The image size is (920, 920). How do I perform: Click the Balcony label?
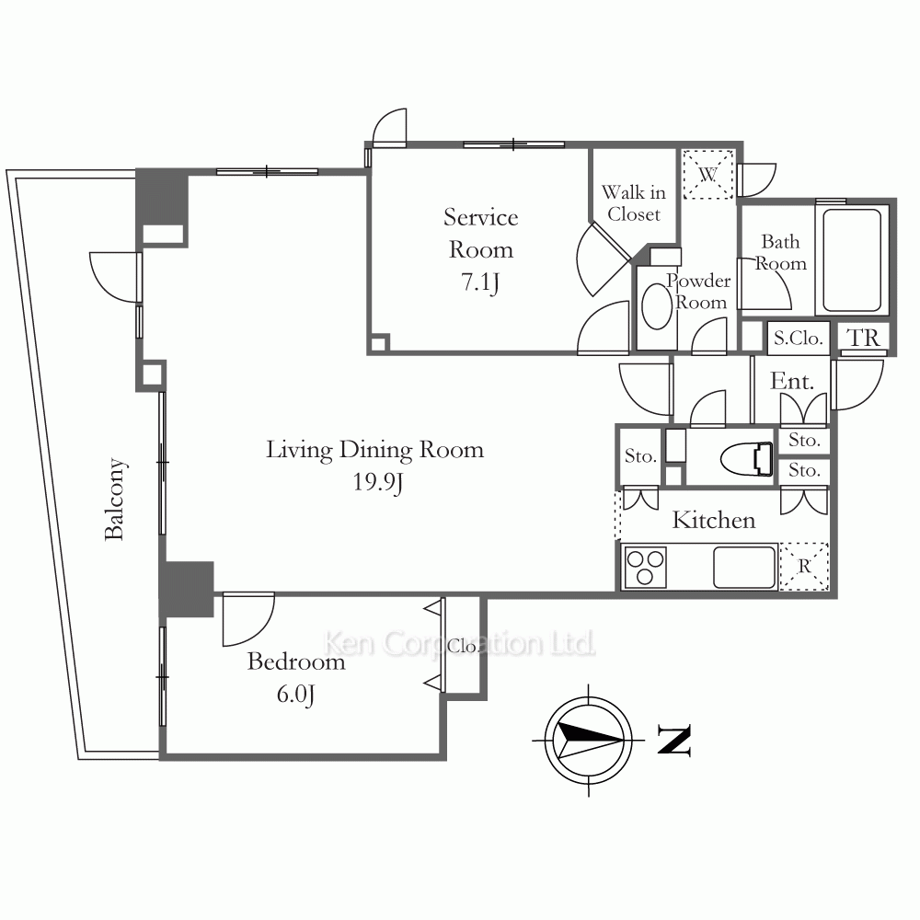(x=115, y=499)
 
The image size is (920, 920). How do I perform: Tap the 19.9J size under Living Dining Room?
(x=378, y=482)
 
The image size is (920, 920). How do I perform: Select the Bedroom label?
(x=296, y=661)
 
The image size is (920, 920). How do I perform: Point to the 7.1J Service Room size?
(x=480, y=282)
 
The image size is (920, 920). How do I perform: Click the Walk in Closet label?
(x=634, y=203)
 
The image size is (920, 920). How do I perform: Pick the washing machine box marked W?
(x=708, y=174)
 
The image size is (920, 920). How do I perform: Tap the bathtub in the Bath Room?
(x=852, y=260)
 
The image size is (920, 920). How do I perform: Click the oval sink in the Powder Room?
(x=657, y=305)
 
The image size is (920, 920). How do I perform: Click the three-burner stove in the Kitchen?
(x=646, y=567)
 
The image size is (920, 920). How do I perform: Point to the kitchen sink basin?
(x=744, y=567)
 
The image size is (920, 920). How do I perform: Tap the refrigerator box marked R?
(x=804, y=566)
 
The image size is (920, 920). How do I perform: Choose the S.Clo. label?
(x=798, y=339)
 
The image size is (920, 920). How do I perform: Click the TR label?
(x=863, y=339)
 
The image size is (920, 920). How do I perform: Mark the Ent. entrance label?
(x=792, y=382)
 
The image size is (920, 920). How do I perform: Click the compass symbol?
(x=589, y=741)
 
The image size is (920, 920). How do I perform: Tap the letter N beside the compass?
(x=674, y=740)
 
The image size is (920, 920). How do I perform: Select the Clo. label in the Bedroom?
(x=462, y=646)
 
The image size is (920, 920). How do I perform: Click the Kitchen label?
(x=714, y=521)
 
